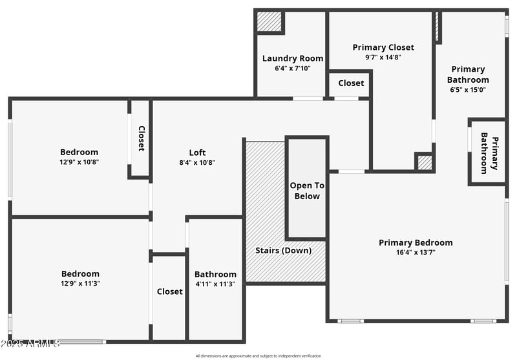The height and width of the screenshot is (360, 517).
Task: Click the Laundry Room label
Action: (x=293, y=58)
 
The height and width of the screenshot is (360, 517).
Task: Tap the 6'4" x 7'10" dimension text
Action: (x=293, y=68)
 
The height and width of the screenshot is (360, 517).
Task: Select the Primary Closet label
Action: (x=383, y=47)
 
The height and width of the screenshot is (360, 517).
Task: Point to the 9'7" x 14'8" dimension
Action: (x=383, y=57)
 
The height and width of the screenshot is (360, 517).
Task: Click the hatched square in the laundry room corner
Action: (x=269, y=22)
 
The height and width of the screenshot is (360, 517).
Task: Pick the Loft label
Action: (x=197, y=153)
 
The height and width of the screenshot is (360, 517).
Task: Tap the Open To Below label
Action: (x=306, y=191)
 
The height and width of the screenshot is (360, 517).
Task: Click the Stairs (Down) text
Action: (x=283, y=250)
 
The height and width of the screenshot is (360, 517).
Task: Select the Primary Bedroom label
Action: (x=416, y=242)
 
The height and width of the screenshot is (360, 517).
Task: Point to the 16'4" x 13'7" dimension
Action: (x=416, y=252)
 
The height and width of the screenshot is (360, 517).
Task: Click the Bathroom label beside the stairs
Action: (x=215, y=274)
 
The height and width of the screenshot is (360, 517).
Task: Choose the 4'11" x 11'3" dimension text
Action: (x=215, y=284)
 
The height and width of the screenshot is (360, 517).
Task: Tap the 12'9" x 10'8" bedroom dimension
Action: (x=79, y=162)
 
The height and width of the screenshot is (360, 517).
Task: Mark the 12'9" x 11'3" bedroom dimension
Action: (x=80, y=283)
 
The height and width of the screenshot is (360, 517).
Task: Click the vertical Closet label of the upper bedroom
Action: (x=141, y=138)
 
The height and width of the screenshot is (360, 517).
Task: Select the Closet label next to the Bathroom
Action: (x=169, y=291)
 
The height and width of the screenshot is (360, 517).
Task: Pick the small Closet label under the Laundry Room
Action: (x=351, y=83)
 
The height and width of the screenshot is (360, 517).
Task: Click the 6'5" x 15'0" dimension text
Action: (x=468, y=90)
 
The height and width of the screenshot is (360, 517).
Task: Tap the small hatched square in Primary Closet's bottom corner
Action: (x=424, y=162)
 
